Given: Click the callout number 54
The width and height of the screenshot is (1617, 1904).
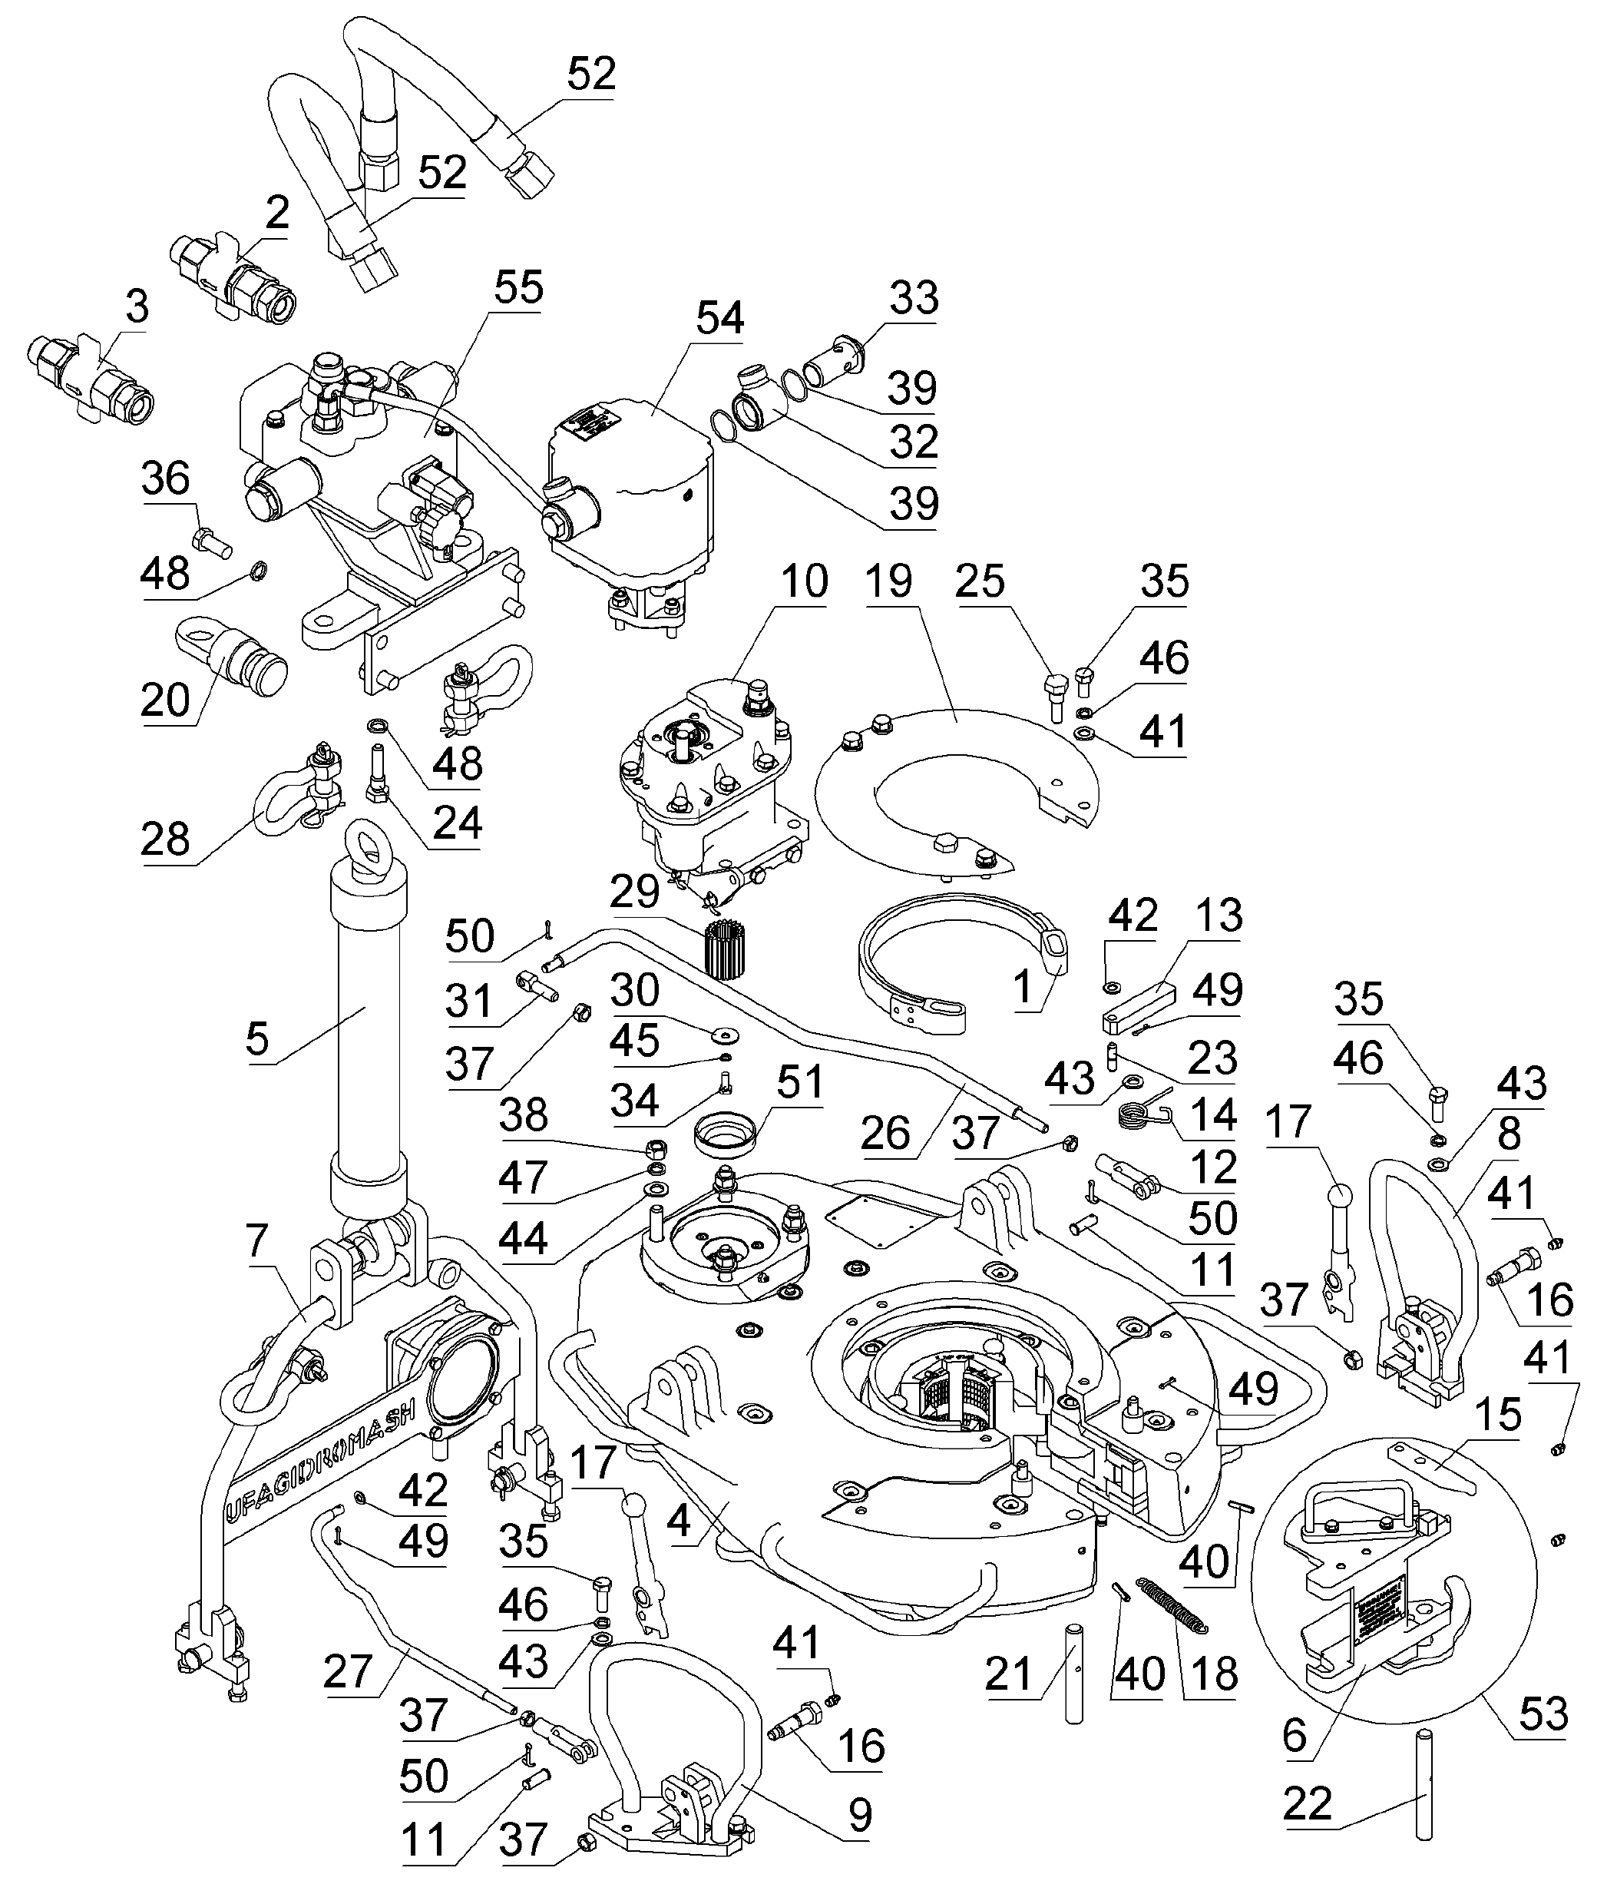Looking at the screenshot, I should tap(719, 318).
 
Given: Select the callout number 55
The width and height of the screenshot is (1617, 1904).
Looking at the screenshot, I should tap(518, 288).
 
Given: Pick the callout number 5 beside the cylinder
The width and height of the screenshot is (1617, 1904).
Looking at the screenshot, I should tap(257, 1038).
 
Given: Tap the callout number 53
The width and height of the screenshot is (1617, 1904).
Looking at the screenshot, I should tap(1543, 1710).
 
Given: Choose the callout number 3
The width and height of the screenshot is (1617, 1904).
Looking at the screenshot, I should tap(137, 308).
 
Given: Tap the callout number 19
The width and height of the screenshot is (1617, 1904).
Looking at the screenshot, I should tap(888, 581).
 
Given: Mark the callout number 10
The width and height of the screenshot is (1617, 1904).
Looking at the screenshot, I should tap(804, 581).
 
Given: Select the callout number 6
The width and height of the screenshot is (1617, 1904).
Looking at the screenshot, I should tap(1295, 1734).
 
